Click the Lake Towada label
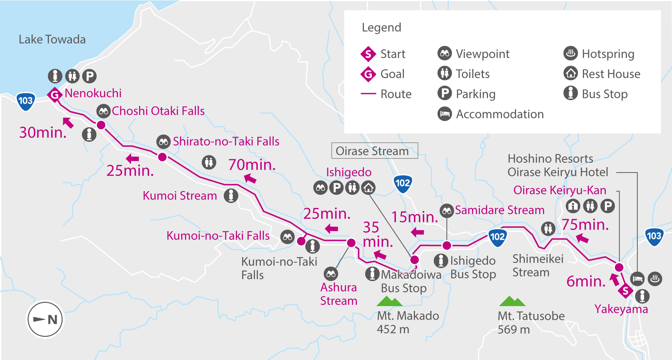pyautogui.click(x=52, y=40)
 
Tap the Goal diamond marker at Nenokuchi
pyautogui.click(x=54, y=95)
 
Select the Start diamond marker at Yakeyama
pyautogui.click(x=625, y=291)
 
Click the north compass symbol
pyautogui.click(x=45, y=319)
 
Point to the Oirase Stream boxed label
pyautogui.click(x=375, y=151)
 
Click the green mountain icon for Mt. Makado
pyautogui.click(x=389, y=301)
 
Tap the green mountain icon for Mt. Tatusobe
pyautogui.click(x=512, y=301)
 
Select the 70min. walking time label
pyautogui.click(x=252, y=165)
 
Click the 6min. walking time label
pyautogui.click(x=586, y=281)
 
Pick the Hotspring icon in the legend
pyautogui.click(x=571, y=53)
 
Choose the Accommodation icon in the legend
pyautogui.click(x=445, y=114)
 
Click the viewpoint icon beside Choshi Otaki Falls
pyautogui.click(x=103, y=111)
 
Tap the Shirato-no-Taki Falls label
pyautogui.click(x=226, y=142)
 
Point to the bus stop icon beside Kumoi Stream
pyautogui.click(x=231, y=196)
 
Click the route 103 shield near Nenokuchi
pyautogui.click(x=26, y=101)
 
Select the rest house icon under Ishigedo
pyautogui.click(x=368, y=188)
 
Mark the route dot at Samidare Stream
pyautogui.click(x=447, y=245)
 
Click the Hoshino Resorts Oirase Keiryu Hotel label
pyautogui.click(x=558, y=165)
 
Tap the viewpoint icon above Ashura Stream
pyautogui.click(x=331, y=274)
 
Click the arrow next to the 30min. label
pyautogui.click(x=68, y=123)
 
